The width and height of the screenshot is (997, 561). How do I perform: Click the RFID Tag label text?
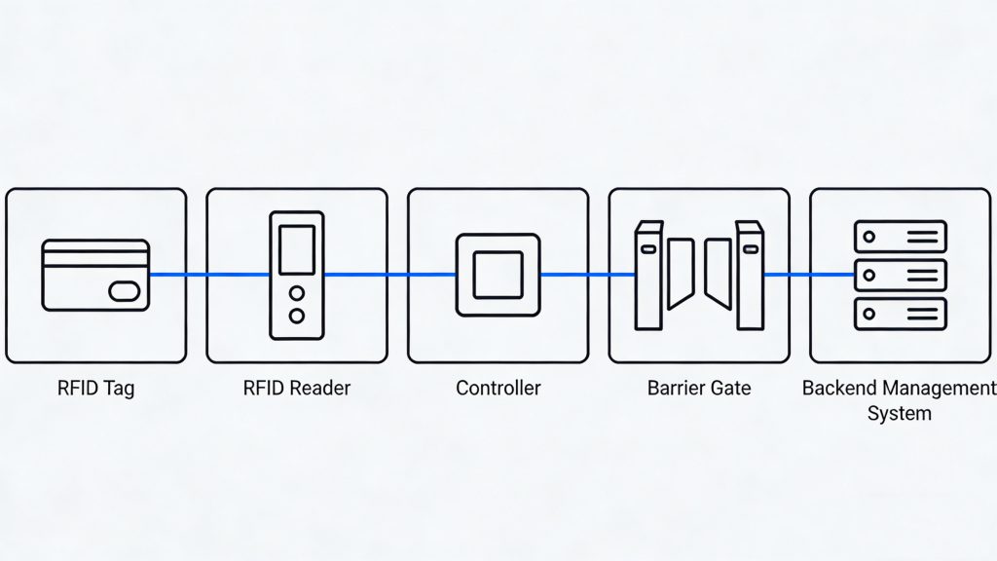[x=95, y=388]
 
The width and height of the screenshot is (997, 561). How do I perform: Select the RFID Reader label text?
[x=296, y=388]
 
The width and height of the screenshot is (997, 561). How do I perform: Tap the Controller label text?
[x=498, y=388]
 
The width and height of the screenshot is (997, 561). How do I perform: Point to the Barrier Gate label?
[x=699, y=388]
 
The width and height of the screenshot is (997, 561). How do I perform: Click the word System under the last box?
[x=899, y=413]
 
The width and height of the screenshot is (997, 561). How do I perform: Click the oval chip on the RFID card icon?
[x=125, y=290]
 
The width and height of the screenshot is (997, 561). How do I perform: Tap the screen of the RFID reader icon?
[x=297, y=249]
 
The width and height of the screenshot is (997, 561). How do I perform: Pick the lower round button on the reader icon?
[x=297, y=316]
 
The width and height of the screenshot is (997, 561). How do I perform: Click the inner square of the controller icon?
[x=498, y=274]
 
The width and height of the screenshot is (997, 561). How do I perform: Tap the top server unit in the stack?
[x=900, y=236]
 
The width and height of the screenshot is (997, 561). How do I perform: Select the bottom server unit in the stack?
[x=900, y=313]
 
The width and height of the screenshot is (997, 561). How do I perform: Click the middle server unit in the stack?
[x=900, y=274]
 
